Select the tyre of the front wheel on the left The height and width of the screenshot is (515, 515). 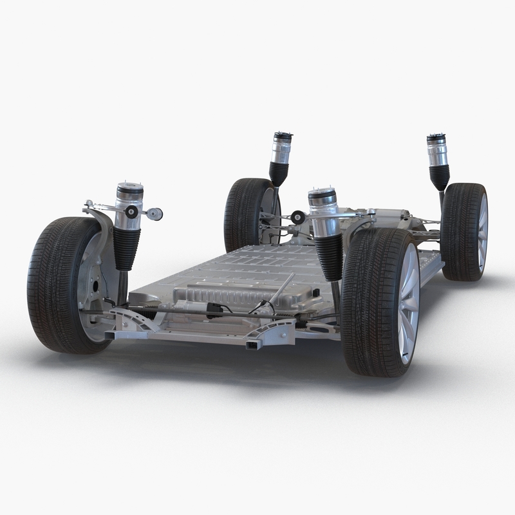[48, 283]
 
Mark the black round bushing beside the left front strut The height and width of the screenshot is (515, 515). [131, 212]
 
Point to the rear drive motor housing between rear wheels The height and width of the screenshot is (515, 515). [386, 219]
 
